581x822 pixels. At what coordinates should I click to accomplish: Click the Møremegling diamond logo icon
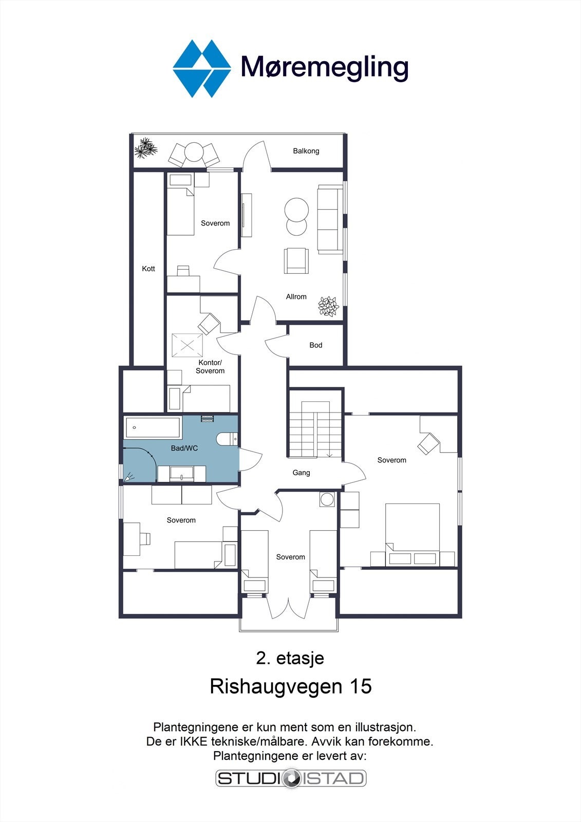(x=201, y=68)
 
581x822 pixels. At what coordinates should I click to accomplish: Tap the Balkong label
(x=306, y=151)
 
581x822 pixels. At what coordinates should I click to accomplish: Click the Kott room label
(x=148, y=269)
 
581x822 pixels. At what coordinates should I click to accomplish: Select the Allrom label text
(x=296, y=296)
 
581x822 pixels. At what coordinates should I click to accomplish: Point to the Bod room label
(x=315, y=345)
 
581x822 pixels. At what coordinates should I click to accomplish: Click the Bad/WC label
(x=184, y=448)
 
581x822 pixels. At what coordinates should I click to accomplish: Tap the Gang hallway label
(x=301, y=473)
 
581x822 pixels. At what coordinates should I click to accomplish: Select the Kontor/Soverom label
(x=210, y=367)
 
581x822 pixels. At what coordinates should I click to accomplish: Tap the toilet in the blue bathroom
(x=227, y=439)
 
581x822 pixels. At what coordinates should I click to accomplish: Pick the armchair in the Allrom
(x=296, y=260)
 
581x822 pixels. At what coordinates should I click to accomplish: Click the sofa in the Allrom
(x=330, y=220)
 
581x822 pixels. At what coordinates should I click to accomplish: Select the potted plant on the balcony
(x=145, y=148)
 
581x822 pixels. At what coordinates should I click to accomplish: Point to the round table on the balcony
(x=194, y=153)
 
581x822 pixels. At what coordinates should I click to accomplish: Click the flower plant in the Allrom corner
(x=328, y=306)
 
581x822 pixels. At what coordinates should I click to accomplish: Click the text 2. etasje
(x=290, y=658)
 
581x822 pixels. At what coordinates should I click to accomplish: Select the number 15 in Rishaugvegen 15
(x=361, y=686)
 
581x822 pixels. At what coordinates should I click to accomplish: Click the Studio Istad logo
(x=291, y=778)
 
